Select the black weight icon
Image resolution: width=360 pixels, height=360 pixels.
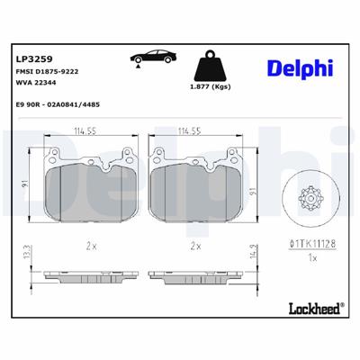coord(211,65)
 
